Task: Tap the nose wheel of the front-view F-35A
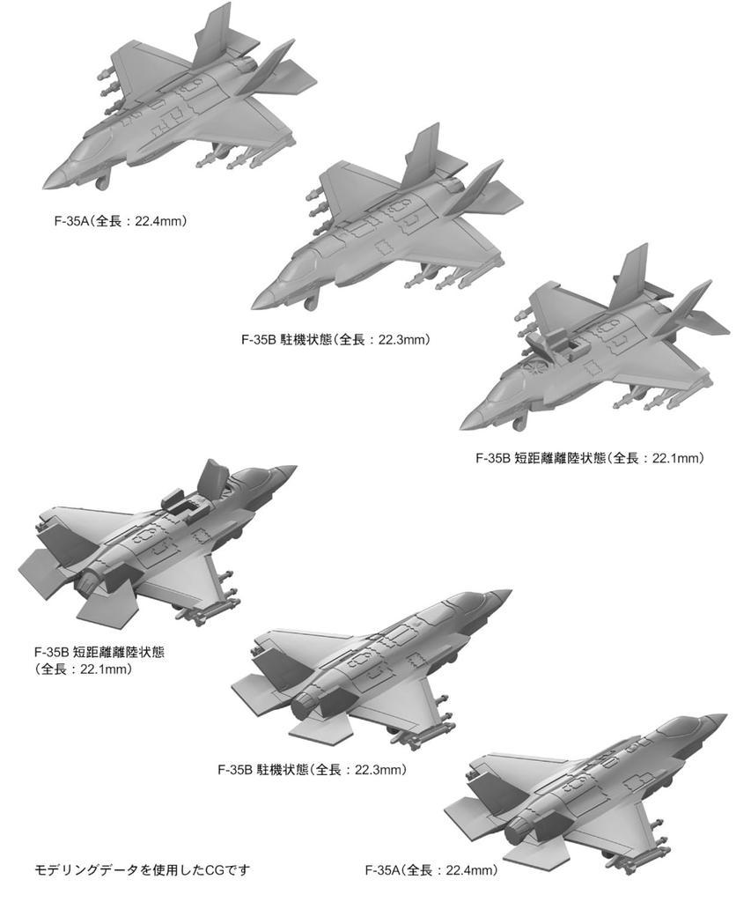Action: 103,182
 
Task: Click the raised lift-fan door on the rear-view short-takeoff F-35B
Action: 211,479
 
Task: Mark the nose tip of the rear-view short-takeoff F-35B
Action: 295,469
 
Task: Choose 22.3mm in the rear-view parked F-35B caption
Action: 379,769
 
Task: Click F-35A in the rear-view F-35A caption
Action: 383,871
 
